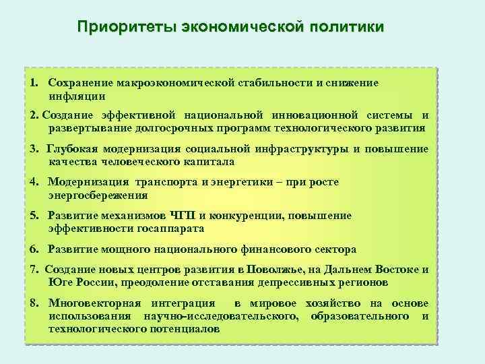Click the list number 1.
click(x=33, y=82)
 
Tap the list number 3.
click(x=33, y=148)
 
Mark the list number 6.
click(x=33, y=249)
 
